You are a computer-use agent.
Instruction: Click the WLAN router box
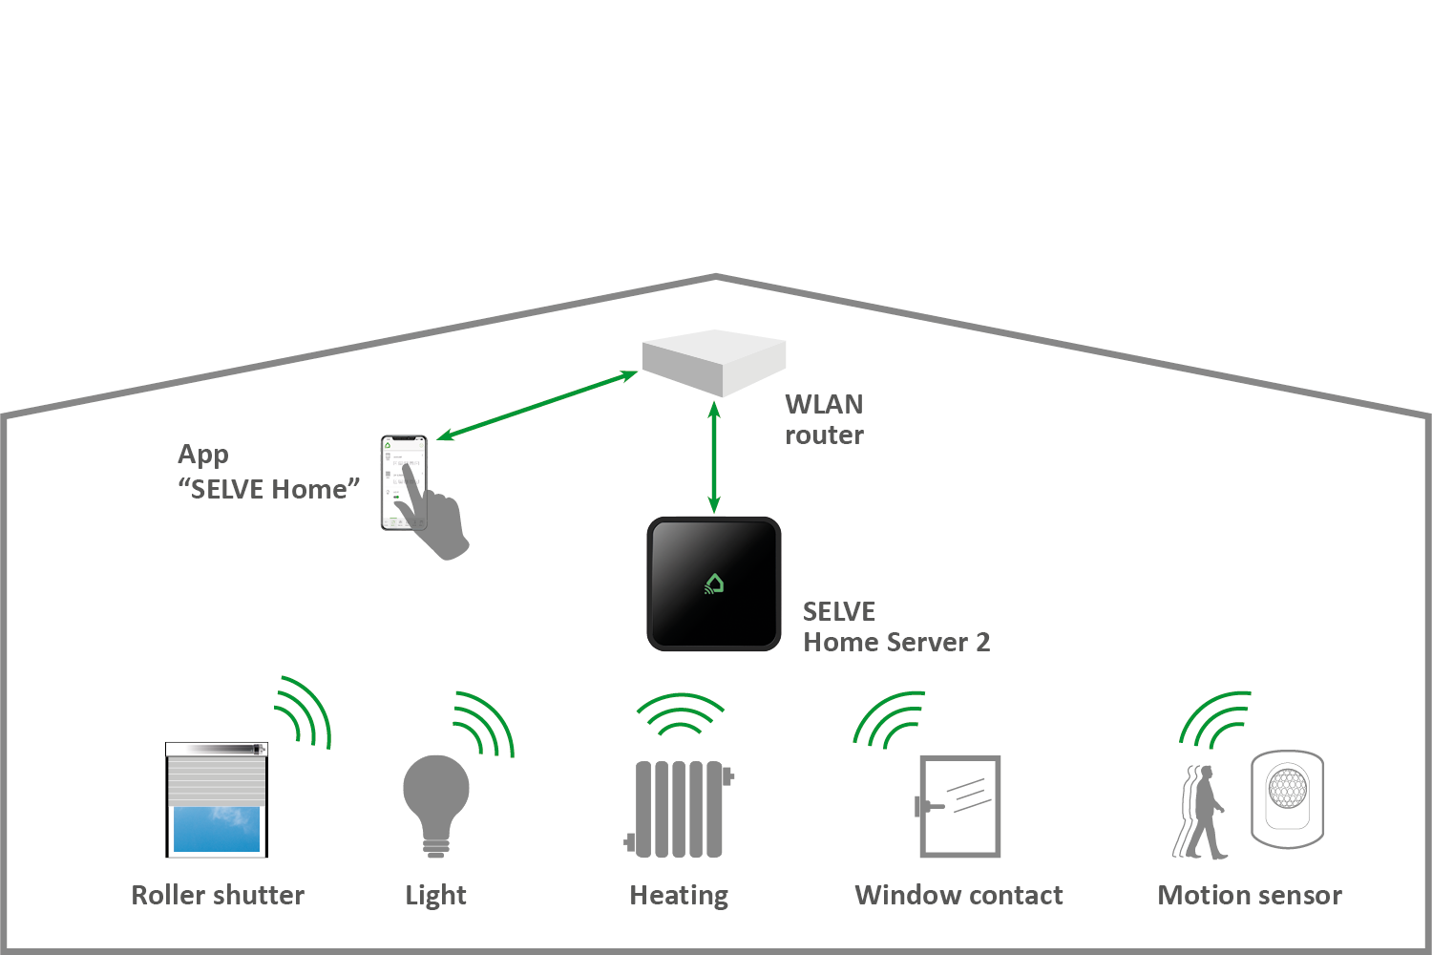(x=714, y=362)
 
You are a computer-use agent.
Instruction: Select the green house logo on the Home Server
(x=714, y=584)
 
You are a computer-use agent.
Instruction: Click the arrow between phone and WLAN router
(x=537, y=405)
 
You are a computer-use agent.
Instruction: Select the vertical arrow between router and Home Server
(x=714, y=457)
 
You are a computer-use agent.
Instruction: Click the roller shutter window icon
(x=217, y=799)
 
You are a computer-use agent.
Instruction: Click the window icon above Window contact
(x=958, y=806)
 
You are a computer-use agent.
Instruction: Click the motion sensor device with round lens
(x=1288, y=797)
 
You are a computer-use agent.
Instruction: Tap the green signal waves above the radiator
(x=681, y=714)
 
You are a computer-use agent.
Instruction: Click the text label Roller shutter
(x=218, y=895)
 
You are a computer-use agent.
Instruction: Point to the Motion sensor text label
(x=1249, y=895)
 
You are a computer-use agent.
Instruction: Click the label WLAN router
(x=824, y=419)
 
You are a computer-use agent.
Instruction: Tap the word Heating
(x=679, y=895)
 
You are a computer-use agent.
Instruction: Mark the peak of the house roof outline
(x=715, y=277)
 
